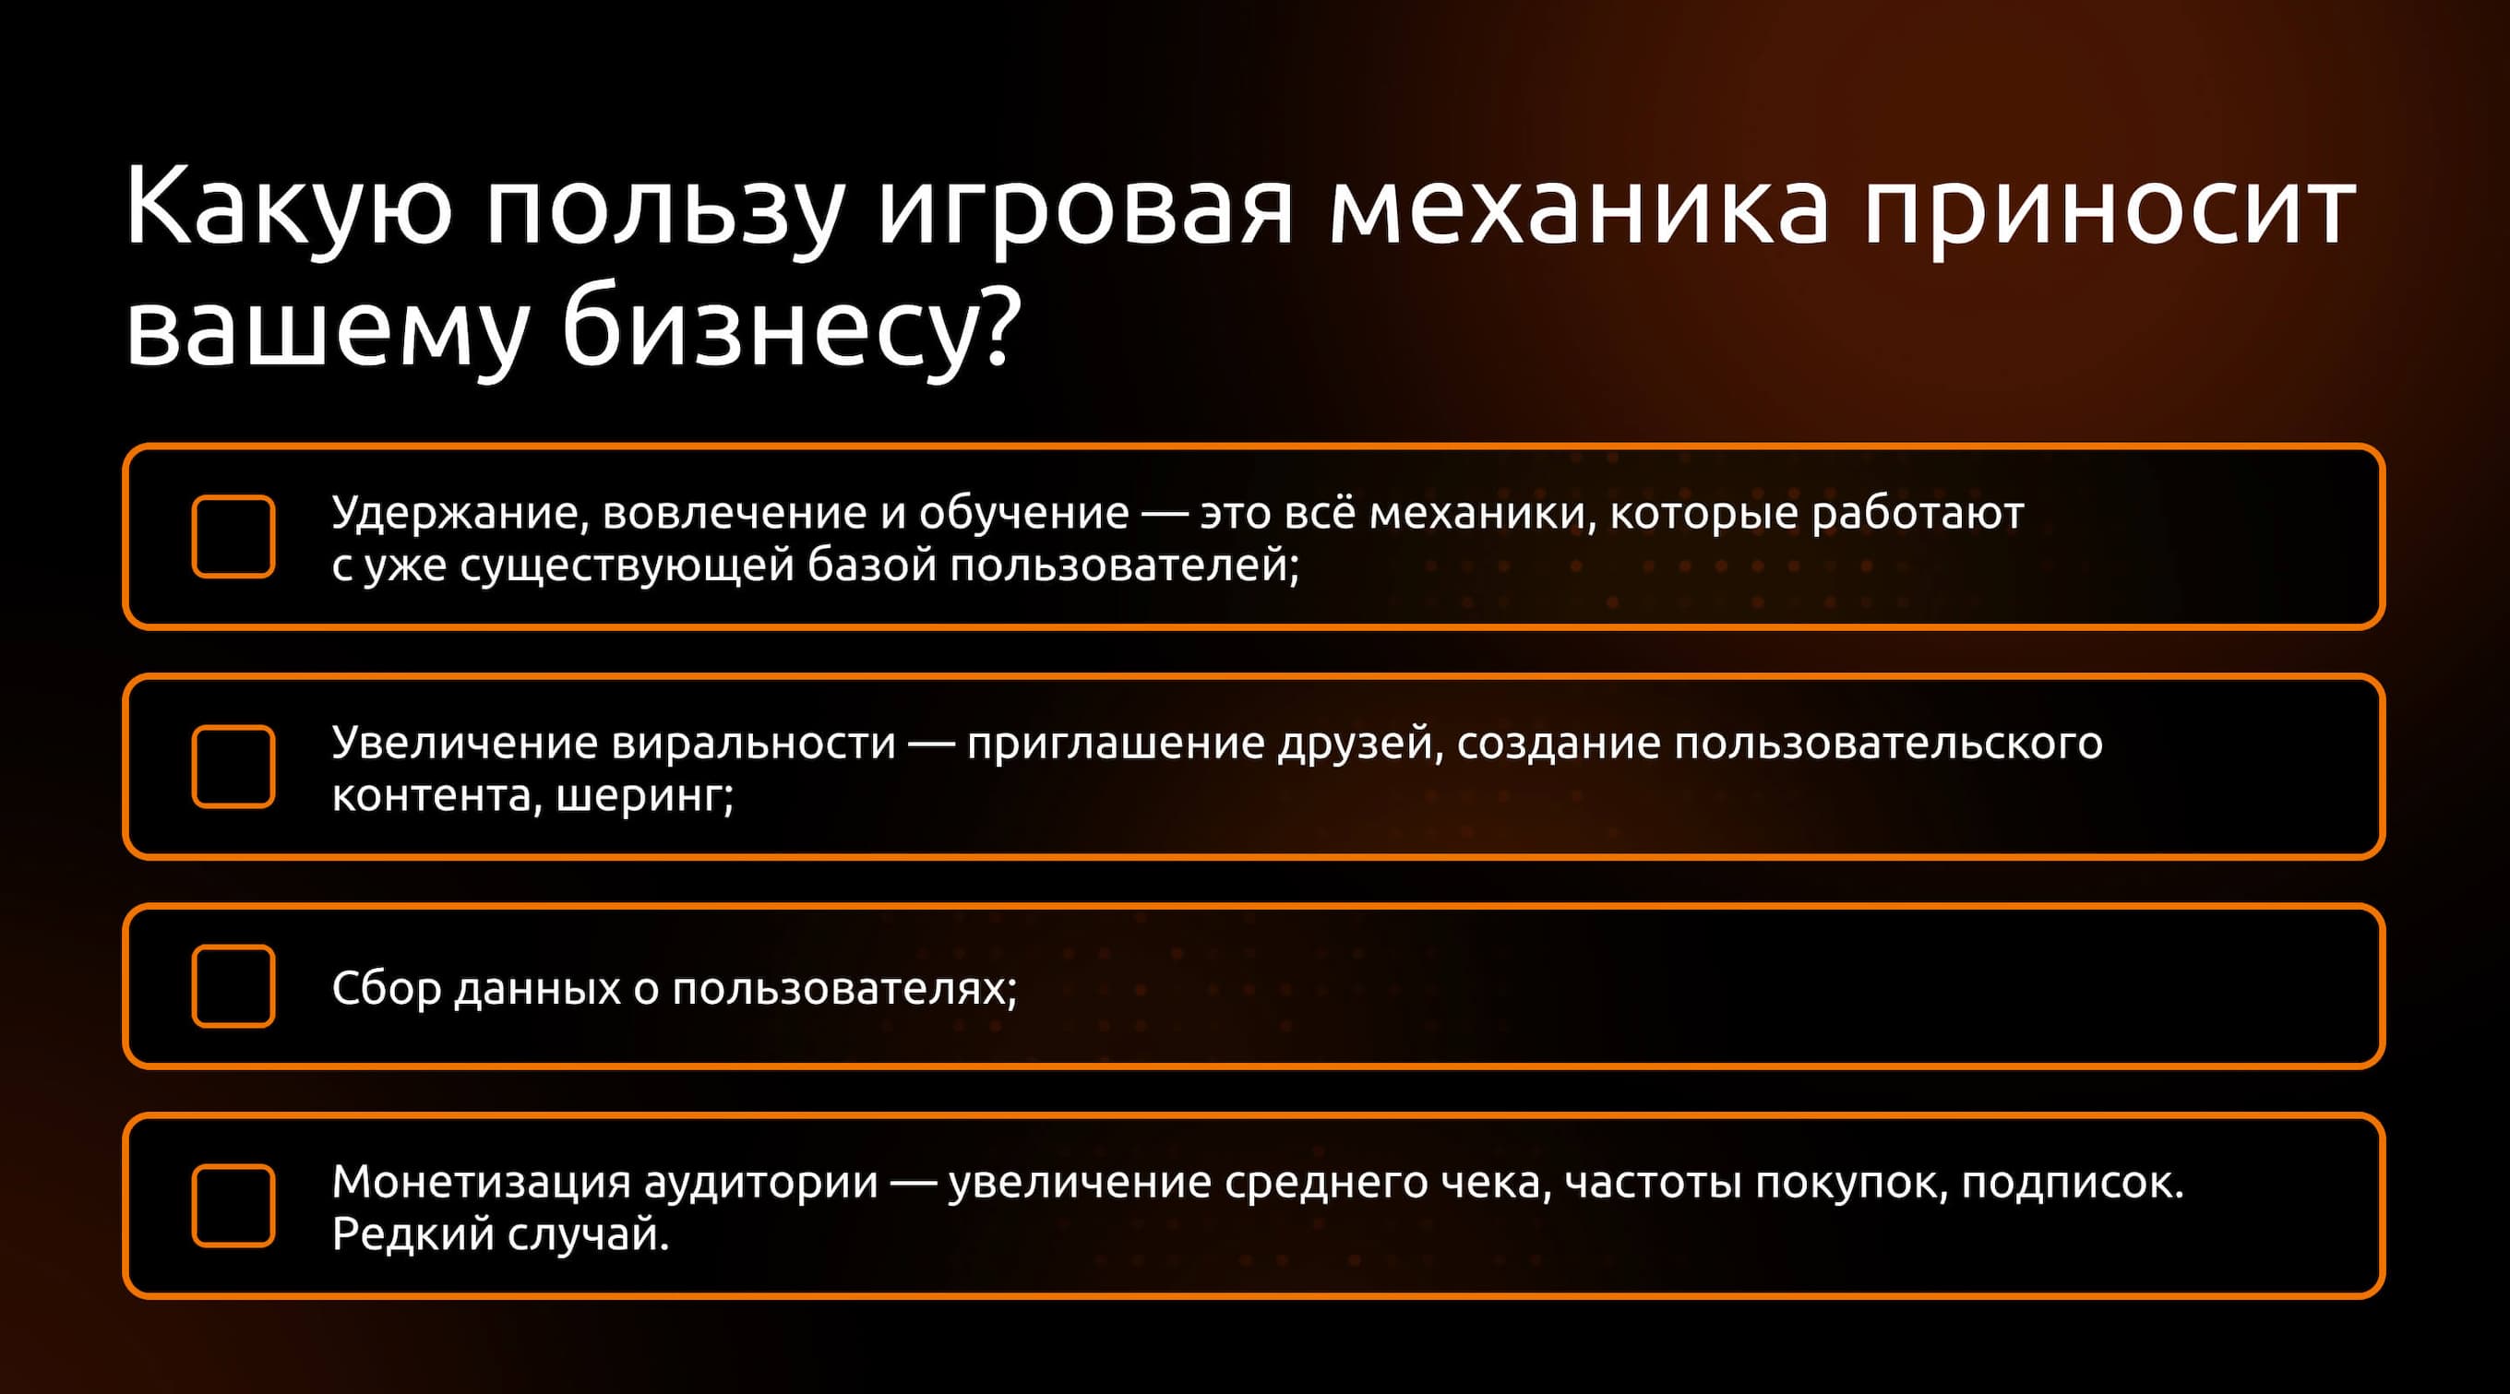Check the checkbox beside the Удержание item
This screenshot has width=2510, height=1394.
(x=233, y=537)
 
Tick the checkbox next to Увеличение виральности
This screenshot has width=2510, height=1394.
(x=233, y=767)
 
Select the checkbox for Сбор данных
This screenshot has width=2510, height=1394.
(x=233, y=986)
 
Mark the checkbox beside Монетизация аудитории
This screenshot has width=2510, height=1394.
(x=233, y=1205)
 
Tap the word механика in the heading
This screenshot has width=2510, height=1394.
(x=1580, y=207)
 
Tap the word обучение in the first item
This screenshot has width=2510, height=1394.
(x=1024, y=512)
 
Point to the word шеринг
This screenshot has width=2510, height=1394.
(x=644, y=797)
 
